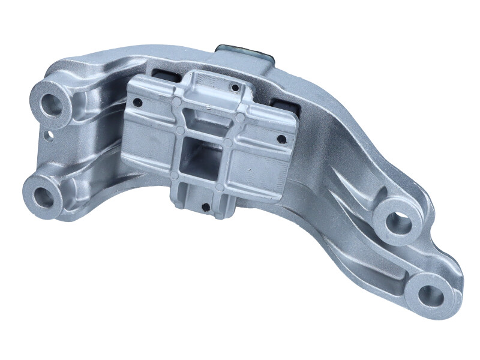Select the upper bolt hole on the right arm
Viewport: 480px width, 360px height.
tap(400, 223)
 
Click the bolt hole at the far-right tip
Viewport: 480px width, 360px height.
tap(430, 294)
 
